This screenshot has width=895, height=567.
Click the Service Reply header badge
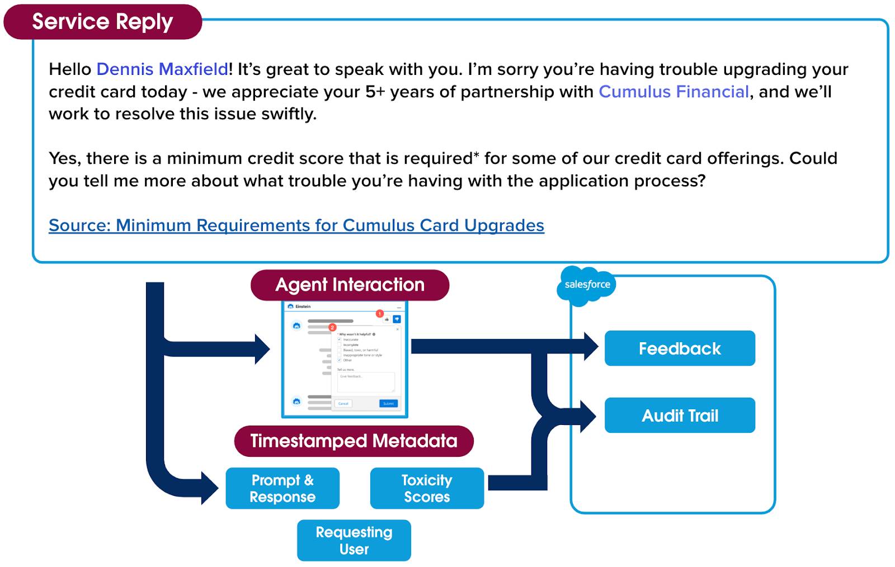[102, 22]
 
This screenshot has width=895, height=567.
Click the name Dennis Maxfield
[162, 69]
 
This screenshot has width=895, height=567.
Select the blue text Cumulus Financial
[673, 92]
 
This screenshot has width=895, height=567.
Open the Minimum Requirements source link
[296, 225]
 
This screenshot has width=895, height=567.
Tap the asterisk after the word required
[476, 156]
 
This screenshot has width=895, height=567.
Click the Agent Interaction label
[350, 285]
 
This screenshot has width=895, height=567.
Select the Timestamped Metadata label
[354, 441]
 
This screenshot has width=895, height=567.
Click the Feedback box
[680, 348]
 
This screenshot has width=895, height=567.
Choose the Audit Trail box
[680, 415]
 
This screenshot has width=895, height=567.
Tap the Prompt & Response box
[282, 488]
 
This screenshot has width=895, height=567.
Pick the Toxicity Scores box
[427, 488]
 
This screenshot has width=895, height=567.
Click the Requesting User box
[354, 540]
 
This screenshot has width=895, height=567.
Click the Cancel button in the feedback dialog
[343, 403]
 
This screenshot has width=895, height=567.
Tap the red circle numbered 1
[379, 314]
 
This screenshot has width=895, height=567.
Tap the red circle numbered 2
[332, 327]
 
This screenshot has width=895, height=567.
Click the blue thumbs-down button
[397, 319]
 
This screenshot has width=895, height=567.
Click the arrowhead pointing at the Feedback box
[591, 347]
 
